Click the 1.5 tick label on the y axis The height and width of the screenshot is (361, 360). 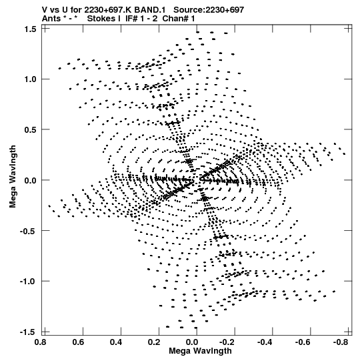click(30, 29)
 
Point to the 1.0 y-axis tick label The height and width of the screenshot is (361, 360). click(30, 79)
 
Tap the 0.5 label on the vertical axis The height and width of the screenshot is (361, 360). click(30, 129)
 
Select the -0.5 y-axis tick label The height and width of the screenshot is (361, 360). click(28, 231)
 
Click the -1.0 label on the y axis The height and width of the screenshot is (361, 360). click(28, 282)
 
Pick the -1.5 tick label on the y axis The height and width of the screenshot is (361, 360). click(28, 332)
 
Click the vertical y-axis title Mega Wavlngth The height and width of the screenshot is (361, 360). click(13, 177)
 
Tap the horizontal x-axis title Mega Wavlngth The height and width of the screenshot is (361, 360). click(200, 351)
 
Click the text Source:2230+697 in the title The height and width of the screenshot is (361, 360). click(209, 10)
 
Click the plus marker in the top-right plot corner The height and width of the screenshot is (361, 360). click(349, 28)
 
